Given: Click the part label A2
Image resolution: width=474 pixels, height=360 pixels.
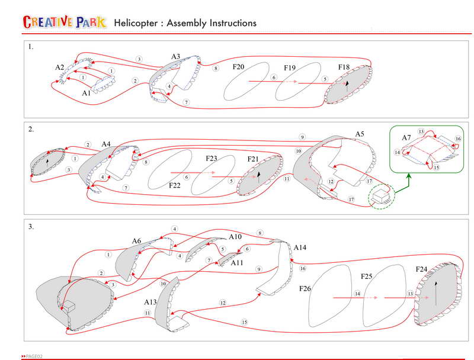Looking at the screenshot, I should pos(60,67).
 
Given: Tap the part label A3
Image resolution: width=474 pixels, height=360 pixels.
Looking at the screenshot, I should pos(175,57).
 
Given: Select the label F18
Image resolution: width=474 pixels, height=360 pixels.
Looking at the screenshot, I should pos(344,67).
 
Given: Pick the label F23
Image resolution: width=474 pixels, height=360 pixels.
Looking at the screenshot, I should pos(212,159).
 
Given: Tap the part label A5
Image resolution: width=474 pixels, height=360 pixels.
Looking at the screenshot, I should pos(359,134).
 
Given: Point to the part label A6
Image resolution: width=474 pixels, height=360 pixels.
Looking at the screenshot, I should pos(136,241).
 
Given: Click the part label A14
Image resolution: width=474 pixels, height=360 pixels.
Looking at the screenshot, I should pos(300,246).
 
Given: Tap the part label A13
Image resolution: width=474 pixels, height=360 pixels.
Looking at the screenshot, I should pos(150,302).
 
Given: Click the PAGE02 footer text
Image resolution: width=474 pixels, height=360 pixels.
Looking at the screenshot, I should pos(33,356).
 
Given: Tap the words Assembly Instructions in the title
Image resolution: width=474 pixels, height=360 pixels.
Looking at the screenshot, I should pos(212,23).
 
